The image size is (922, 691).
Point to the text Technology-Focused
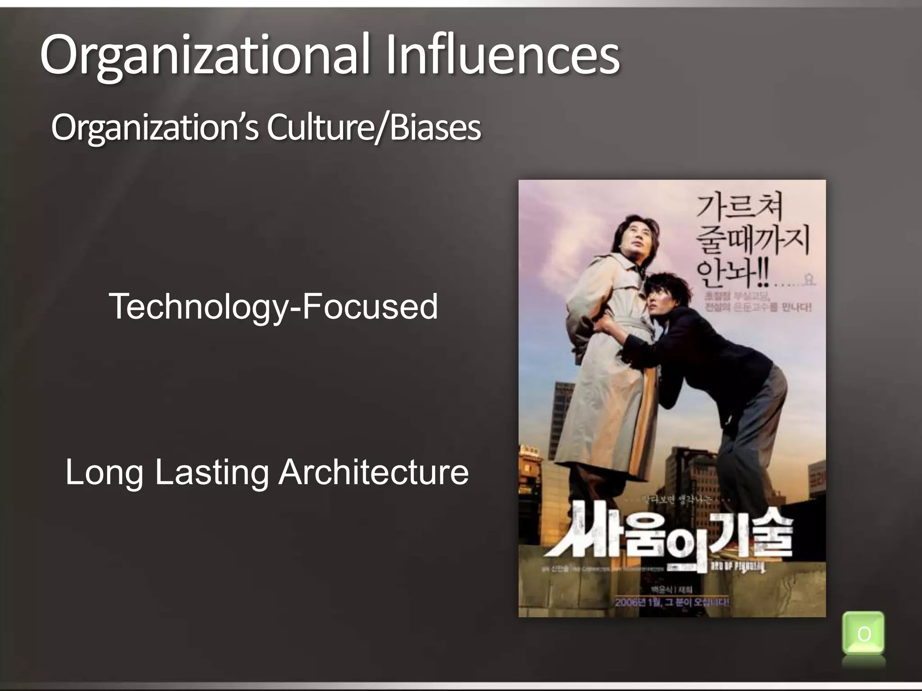pyautogui.click(x=273, y=306)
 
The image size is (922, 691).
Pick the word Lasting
pyautogui.click(x=212, y=472)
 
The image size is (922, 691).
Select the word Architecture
pyautogui.click(x=373, y=472)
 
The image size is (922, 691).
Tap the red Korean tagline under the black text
pyautogui.click(x=752, y=302)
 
